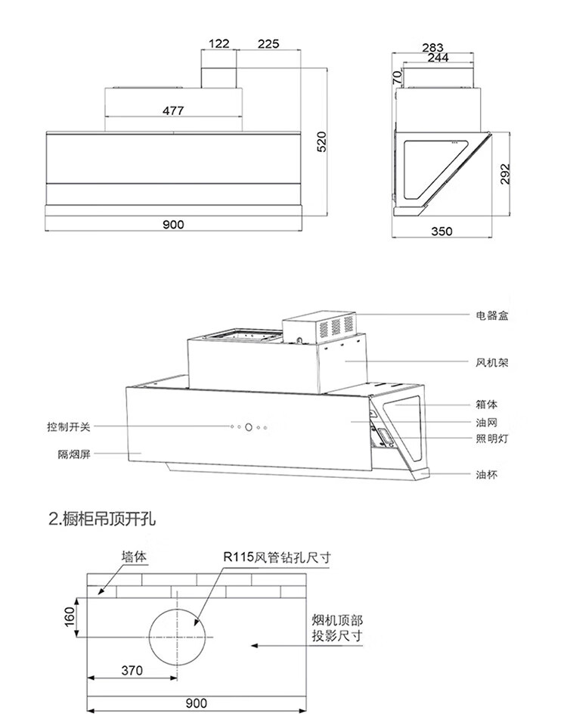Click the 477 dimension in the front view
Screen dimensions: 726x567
(x=173, y=110)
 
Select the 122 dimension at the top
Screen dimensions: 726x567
(x=218, y=44)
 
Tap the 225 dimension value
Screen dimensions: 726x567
(x=268, y=44)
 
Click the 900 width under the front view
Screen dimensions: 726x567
(x=173, y=224)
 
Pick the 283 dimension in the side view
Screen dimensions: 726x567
(x=433, y=48)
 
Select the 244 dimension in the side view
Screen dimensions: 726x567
(x=438, y=58)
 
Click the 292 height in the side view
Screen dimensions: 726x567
(x=506, y=173)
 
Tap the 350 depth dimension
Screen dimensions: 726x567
(x=442, y=231)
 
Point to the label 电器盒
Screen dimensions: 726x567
(x=492, y=315)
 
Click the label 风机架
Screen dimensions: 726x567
(x=492, y=362)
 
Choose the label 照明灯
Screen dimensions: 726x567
(x=492, y=439)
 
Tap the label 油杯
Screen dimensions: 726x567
(x=487, y=475)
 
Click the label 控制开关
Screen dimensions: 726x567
(x=68, y=427)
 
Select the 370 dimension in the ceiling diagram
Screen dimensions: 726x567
(x=131, y=670)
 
